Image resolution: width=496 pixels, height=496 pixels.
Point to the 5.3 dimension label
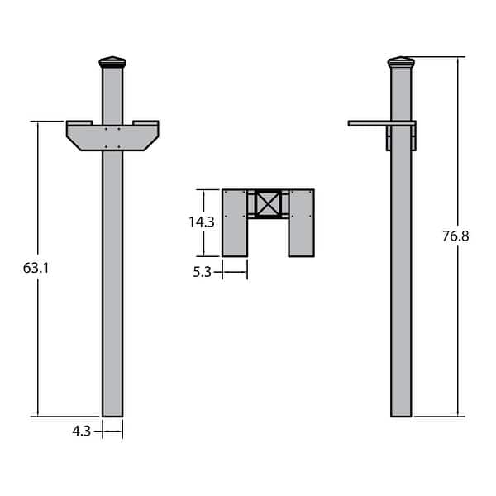click(203, 271)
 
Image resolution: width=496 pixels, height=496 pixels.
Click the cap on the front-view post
click(112, 62)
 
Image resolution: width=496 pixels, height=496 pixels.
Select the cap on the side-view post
click(401, 62)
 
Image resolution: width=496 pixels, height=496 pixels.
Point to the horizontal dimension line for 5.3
click(235, 271)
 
